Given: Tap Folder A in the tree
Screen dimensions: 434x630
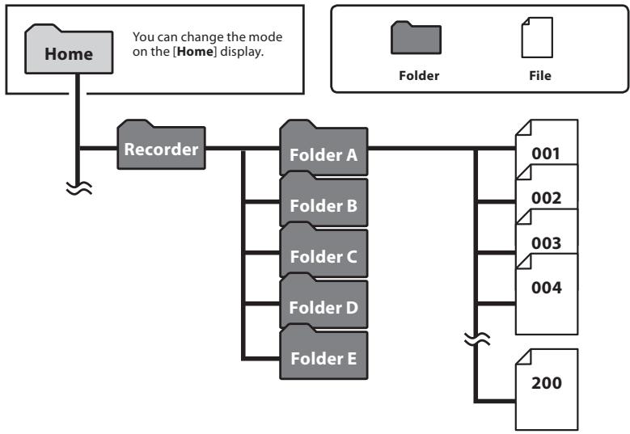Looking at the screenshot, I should point(323,153).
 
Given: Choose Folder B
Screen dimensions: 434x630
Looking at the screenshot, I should point(323,204).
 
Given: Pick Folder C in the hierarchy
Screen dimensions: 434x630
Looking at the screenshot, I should point(323,256).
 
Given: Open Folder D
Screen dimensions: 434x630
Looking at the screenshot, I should point(323,308).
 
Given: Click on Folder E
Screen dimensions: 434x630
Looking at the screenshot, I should point(323,359).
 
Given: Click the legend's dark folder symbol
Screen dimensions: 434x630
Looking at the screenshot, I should point(416,38).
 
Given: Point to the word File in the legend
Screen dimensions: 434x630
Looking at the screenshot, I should point(539,76).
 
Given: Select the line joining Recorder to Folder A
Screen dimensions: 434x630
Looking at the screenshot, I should point(243,149).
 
